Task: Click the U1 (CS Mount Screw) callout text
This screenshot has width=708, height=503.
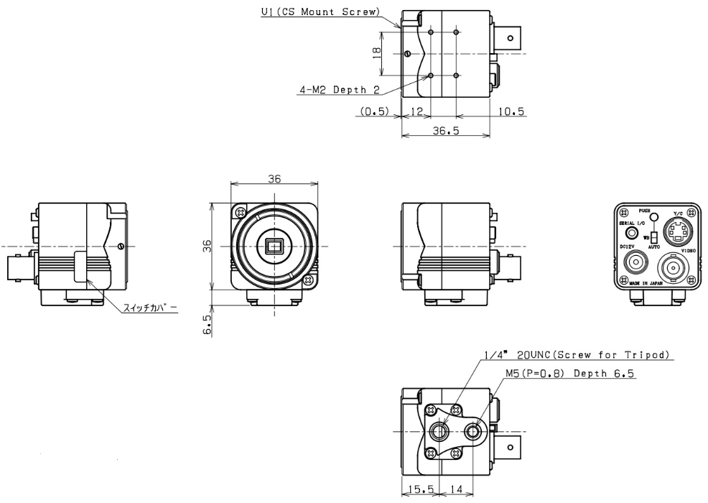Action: [320, 11]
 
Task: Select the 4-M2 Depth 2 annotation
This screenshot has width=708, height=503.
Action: [338, 91]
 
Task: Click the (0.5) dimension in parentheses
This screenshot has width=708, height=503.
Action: [374, 111]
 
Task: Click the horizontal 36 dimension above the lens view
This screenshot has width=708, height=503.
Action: [274, 180]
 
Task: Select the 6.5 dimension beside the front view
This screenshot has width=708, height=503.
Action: [208, 326]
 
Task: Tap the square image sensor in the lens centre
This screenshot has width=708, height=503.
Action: [274, 247]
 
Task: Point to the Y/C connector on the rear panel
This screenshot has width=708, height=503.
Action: [674, 231]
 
